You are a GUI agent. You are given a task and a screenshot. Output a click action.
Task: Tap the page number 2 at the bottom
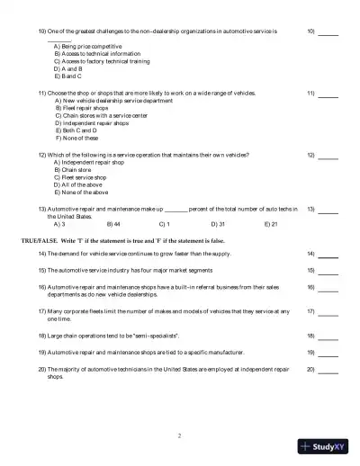179,435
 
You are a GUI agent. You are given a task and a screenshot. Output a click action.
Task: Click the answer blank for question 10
328,33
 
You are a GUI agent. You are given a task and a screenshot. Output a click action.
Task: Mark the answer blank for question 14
328,256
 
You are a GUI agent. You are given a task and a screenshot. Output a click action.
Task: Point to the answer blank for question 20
328,371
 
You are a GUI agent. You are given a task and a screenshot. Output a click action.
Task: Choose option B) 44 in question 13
113,223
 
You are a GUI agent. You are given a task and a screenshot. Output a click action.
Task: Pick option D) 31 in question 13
218,223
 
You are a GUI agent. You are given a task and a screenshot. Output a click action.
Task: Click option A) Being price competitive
88,46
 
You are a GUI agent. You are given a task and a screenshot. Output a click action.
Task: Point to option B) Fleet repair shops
82,107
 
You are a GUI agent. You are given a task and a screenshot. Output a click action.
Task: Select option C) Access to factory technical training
103,61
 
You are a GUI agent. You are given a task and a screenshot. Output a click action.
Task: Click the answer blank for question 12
328,157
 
